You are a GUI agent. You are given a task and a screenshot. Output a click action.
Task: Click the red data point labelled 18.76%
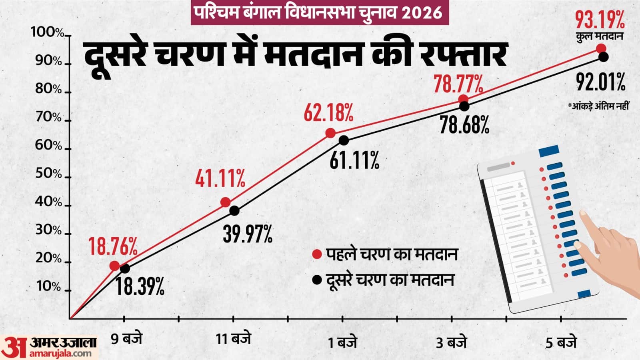coord(115,266)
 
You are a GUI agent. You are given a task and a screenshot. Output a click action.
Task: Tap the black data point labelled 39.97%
coord(234,210)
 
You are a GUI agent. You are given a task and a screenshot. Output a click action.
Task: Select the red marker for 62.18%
coord(330,133)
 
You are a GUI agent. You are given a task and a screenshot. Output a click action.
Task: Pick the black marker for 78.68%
coord(464,106)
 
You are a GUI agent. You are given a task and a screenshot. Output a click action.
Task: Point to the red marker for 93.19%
coord(601,48)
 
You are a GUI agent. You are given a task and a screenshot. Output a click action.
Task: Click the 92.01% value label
coord(600,82)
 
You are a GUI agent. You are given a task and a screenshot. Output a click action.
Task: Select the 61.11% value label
coord(354,160)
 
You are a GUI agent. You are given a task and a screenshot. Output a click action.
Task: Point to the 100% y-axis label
coord(47,32)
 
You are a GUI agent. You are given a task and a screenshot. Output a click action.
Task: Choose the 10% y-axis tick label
coord(48,287)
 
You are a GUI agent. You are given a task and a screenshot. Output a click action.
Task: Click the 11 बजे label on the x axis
coord(233,339)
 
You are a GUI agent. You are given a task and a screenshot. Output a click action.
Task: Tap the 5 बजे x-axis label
coord(561,343)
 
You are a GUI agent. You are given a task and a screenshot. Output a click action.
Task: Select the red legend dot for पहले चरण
coord(317,255)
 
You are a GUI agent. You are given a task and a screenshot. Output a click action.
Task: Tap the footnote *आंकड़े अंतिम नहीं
coord(598,106)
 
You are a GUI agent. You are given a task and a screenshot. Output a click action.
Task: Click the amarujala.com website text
coord(60,353)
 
